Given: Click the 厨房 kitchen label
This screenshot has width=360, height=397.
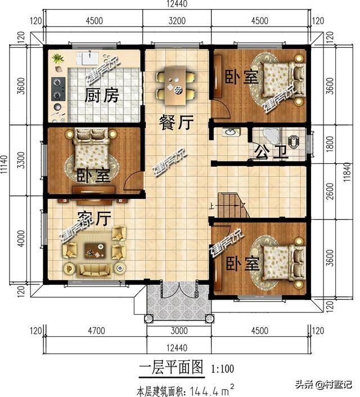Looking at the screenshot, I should coord(102,95).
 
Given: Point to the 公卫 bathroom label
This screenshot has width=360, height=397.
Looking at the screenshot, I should coord(271,151).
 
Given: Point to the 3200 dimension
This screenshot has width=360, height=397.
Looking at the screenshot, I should coord(177,21).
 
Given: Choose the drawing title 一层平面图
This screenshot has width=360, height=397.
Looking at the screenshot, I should coord(170,368).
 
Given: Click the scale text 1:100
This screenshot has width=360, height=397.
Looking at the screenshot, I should coord(223,369).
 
